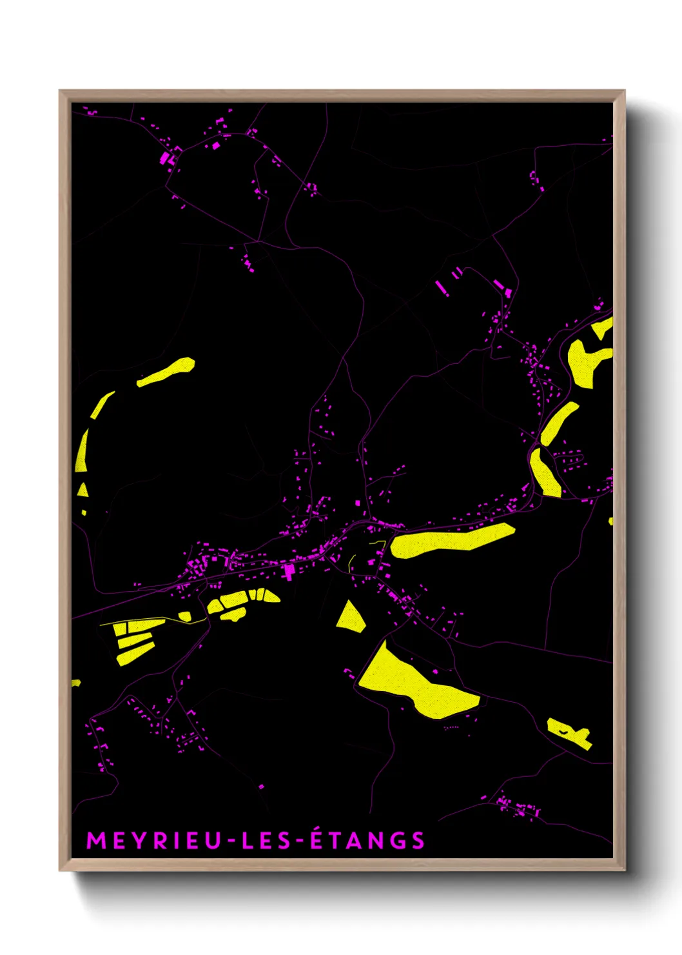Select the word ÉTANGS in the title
pyautogui.click(x=367, y=840)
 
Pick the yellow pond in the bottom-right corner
pyautogui.click(x=569, y=733)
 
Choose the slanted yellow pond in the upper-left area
pyautogui.click(x=166, y=372)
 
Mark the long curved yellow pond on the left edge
pyautogui.click(x=82, y=452)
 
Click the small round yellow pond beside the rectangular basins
pyautogui.click(x=185, y=616)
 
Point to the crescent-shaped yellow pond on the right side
pyautogui.click(x=558, y=423)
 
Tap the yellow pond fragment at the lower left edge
pyautogui.click(x=75, y=683)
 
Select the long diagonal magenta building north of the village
pyautogui.click(x=442, y=287)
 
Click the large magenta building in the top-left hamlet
pyautogui.click(x=165, y=158)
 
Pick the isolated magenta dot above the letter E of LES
pyautogui.click(x=261, y=787)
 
